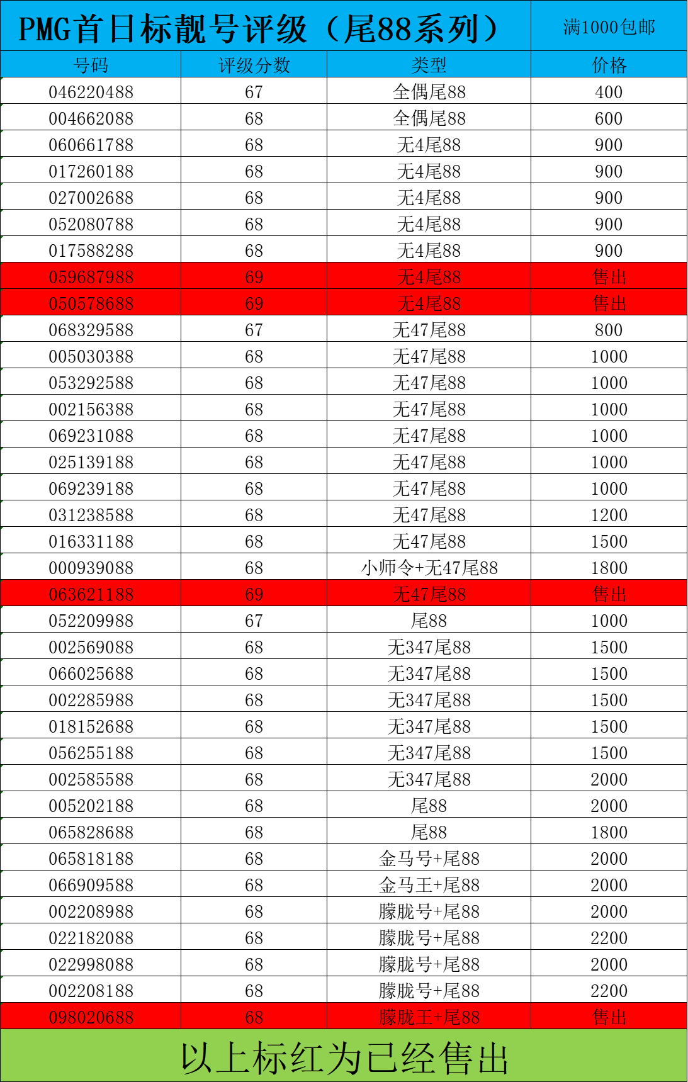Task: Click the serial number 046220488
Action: click(x=91, y=92)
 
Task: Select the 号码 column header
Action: click(x=91, y=65)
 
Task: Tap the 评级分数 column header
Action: click(x=254, y=65)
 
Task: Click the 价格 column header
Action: click(x=609, y=65)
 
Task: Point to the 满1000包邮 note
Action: click(x=609, y=27)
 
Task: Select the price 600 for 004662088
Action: click(x=609, y=118)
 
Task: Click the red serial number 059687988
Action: click(x=91, y=277)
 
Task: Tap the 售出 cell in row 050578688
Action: click(x=609, y=303)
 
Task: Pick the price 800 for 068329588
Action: click(x=609, y=330)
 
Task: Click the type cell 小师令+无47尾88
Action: click(x=429, y=568)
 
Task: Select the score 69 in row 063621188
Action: click(x=254, y=594)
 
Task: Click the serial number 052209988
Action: click(x=91, y=621)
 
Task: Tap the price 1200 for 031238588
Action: click(x=609, y=515)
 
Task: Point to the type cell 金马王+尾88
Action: click(x=429, y=885)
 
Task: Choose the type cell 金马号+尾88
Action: click(x=429, y=859)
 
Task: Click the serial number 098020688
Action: click(x=91, y=1017)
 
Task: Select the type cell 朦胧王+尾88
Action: click(x=429, y=1017)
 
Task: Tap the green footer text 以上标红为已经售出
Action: click(x=344, y=1057)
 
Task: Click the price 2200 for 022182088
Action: click(x=609, y=938)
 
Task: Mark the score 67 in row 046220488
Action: click(x=254, y=92)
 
